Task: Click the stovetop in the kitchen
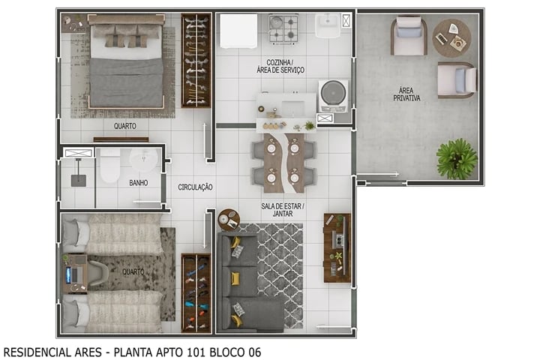pos(283,29)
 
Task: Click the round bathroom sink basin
pos(142,159)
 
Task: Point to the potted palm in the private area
pos(456,158)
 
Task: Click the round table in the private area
pos(451,37)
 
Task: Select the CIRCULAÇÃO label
pos(195,187)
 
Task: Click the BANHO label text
pos(138,182)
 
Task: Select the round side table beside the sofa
pos(228,219)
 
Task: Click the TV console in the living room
pos(337,247)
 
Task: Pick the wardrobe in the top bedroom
pos(196,60)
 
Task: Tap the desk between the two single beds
pos(76,273)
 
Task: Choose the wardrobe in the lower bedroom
pos(195,292)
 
